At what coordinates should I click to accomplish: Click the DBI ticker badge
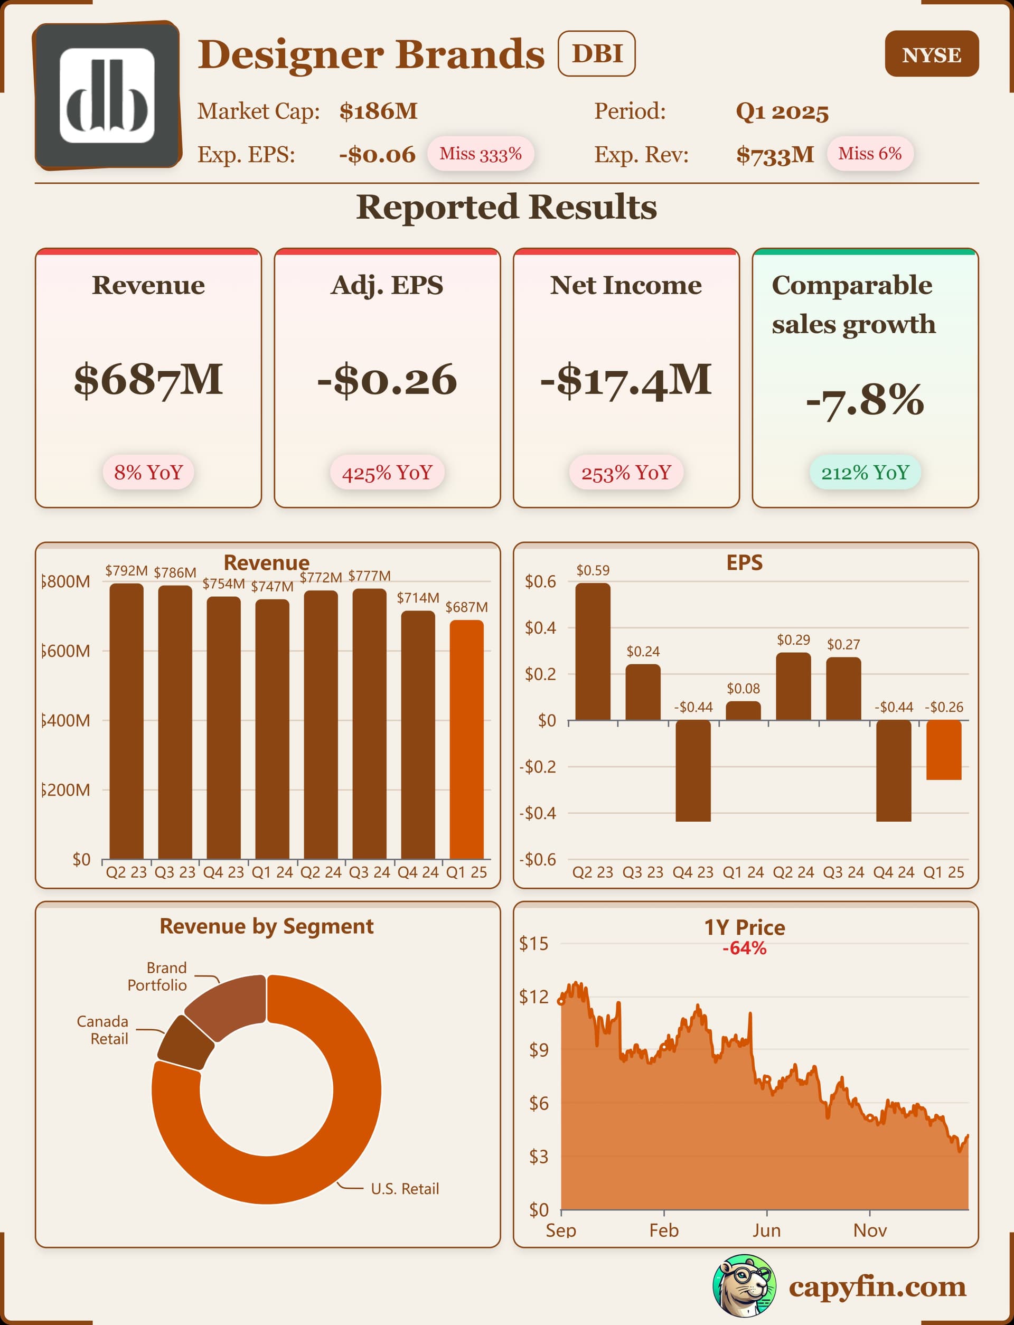[596, 54]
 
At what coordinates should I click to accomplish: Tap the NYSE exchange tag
[931, 54]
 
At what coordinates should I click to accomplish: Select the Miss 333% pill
[481, 154]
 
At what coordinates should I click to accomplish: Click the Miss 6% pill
[869, 154]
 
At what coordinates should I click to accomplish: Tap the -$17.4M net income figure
[626, 380]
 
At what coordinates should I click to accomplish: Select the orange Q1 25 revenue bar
[466, 739]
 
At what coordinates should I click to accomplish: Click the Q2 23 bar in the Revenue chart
[126, 721]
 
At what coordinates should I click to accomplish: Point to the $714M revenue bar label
[418, 598]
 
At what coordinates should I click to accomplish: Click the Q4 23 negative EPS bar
[693, 770]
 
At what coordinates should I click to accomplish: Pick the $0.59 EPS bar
[593, 652]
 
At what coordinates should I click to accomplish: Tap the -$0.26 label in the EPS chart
[944, 707]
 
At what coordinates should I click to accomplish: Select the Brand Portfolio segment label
[157, 976]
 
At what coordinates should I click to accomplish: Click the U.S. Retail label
[405, 1189]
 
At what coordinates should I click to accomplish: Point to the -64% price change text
[744, 948]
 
